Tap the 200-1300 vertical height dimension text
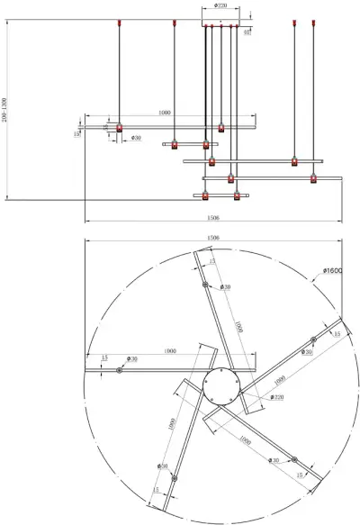5,109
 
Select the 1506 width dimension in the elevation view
213,217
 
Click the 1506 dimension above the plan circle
213,238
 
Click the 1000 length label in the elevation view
164,113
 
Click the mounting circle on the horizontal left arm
119,369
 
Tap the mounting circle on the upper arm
206,285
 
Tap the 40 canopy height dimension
247,31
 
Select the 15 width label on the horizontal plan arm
104,358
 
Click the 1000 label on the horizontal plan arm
168,350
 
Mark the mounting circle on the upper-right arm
313,340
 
